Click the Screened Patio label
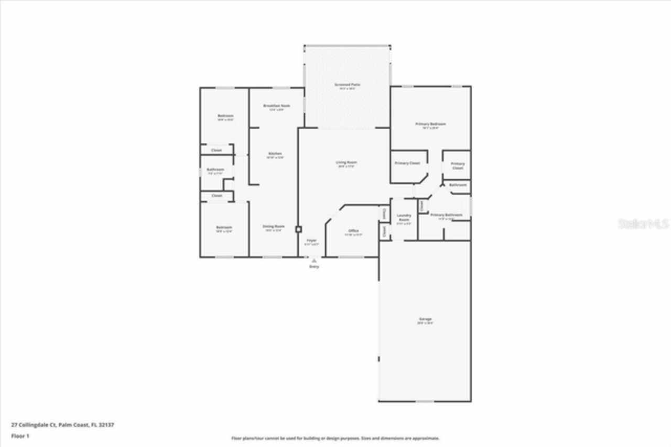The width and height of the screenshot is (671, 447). [347, 84]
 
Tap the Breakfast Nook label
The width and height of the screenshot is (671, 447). [276, 106]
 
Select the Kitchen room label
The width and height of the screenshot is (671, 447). [275, 154]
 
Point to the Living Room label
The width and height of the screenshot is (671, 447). [347, 163]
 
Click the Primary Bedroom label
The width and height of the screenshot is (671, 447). [430, 124]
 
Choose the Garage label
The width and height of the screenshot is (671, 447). [425, 319]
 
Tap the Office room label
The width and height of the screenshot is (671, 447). [353, 231]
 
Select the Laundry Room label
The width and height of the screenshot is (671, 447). [404, 217]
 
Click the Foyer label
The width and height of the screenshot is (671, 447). [311, 240]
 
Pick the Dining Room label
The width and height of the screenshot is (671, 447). [274, 227]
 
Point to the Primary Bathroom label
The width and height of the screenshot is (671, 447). [446, 215]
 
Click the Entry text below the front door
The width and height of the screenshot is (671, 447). [314, 267]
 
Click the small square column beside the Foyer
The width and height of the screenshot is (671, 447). [298, 229]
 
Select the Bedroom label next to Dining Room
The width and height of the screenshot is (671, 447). [224, 227]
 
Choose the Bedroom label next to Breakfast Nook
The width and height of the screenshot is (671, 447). [225, 116]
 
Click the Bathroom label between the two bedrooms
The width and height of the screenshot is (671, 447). [215, 170]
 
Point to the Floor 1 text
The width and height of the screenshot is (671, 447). [20, 436]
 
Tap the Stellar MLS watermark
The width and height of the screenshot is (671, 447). [643, 224]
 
